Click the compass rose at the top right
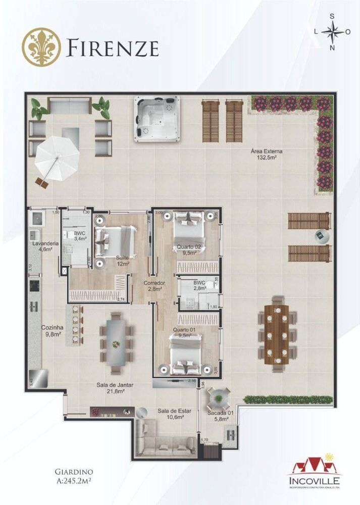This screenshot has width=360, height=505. pos(332,32)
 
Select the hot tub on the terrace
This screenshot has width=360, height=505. pos(157,117)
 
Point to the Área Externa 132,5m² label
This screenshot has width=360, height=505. pos(267,154)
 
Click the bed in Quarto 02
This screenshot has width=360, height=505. pos(189,229)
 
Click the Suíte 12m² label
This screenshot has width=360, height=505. pos(123,261)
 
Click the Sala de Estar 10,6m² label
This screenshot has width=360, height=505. pos(170,414)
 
